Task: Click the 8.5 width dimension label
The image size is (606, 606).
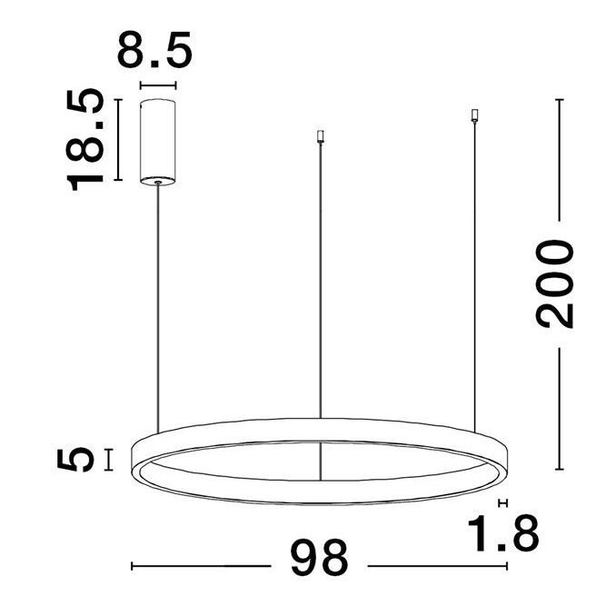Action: click(x=154, y=51)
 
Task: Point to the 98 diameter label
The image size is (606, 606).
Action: click(x=319, y=558)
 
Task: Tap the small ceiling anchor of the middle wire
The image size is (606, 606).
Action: click(x=318, y=137)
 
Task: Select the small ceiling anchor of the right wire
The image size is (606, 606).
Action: click(x=473, y=115)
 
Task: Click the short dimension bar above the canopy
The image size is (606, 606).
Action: click(x=157, y=87)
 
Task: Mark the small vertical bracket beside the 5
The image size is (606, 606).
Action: click(x=109, y=460)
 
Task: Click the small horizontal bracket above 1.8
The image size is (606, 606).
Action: click(x=502, y=502)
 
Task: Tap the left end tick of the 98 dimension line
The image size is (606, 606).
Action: click(x=133, y=566)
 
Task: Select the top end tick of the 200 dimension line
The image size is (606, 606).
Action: click(x=557, y=99)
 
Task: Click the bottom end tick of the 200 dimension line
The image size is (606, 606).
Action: click(x=558, y=469)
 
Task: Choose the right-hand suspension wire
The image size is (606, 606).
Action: click(x=473, y=273)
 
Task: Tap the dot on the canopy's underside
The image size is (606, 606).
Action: click(x=159, y=183)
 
